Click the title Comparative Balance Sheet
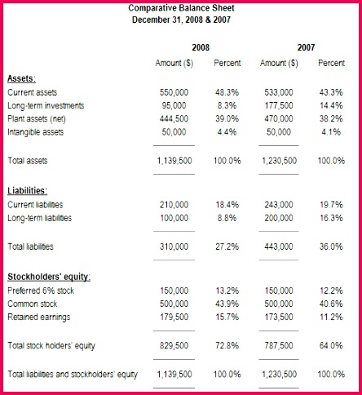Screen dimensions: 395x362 pos(180,7)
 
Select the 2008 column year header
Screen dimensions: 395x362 pos(200,48)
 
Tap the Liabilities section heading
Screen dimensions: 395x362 pos(29,190)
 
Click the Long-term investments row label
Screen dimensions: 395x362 pos(46,106)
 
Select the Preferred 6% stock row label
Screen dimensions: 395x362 pos(40,290)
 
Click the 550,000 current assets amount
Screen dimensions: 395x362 pos(174,93)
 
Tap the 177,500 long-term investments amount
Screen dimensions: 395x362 pos(279,106)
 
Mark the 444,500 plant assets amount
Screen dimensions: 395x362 pos(174,118)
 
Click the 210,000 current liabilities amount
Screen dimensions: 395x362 pos(174,205)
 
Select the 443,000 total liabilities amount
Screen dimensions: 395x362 pos(279,246)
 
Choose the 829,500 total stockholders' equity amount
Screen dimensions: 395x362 pos(174,346)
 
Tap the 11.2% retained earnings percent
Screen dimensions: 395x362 pos(332,316)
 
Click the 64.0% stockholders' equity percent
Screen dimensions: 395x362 pos(332,346)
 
